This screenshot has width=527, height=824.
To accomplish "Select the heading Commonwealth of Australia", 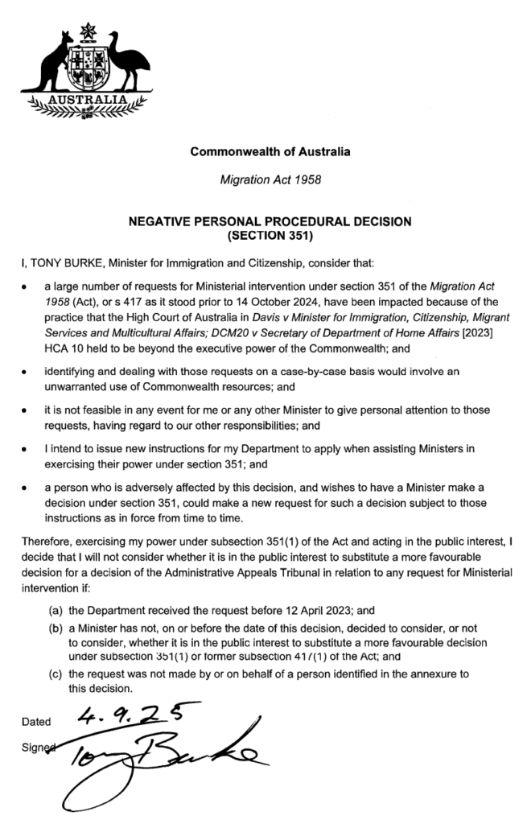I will pos(270,150).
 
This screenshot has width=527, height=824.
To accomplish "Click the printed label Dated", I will pos(36,721).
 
